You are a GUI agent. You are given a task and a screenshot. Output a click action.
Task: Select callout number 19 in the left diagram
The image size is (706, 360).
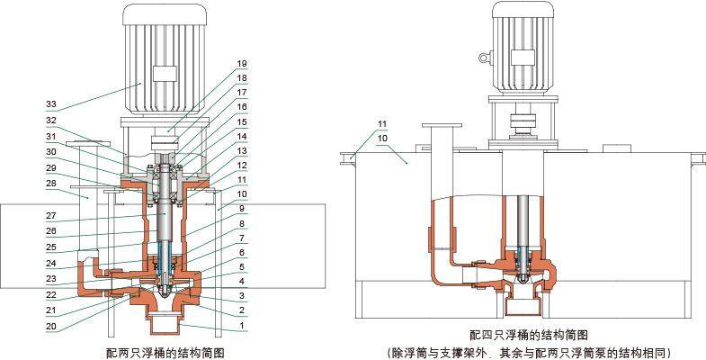click(x=241, y=64)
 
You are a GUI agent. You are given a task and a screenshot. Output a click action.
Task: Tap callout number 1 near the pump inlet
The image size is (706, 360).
click(x=241, y=324)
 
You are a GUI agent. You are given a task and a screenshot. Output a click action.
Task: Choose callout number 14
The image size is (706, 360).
click(x=241, y=136)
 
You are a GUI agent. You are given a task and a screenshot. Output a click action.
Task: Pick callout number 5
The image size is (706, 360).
click(x=241, y=266)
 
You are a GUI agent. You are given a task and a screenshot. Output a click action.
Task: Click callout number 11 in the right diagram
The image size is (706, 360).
click(x=382, y=123)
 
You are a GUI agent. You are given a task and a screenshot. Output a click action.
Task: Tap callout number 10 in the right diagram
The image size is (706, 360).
click(x=382, y=139)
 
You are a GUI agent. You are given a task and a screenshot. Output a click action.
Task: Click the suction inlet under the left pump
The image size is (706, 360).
click(x=164, y=323)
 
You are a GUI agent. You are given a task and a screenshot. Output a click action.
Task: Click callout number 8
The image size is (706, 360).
click(x=241, y=223)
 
